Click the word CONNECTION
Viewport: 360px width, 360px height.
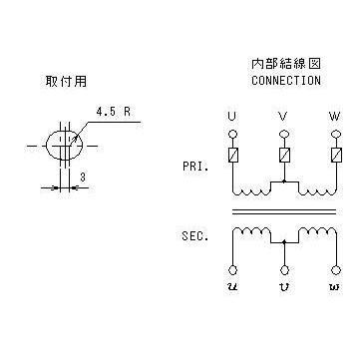286,81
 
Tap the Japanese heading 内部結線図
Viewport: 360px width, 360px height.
286,64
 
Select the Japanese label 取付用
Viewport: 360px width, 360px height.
66,82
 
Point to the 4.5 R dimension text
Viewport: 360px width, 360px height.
114,112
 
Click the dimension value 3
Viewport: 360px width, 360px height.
83,178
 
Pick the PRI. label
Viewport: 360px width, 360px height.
195,167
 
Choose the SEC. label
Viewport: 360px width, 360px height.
195,236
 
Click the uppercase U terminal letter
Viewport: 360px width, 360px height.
232,117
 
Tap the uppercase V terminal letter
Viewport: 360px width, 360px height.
283,117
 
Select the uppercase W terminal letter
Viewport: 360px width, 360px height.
334,117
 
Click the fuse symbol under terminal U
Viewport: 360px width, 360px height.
233,155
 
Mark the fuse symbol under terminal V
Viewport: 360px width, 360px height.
283,155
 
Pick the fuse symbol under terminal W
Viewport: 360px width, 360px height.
336,155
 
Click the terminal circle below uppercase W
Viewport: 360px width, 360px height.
336,134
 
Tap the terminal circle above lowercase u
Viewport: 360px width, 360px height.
233,269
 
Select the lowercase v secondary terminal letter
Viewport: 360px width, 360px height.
283,286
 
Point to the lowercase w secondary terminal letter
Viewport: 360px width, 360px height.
335,286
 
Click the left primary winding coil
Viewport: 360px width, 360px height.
251,192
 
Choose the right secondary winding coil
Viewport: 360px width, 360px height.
318,231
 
